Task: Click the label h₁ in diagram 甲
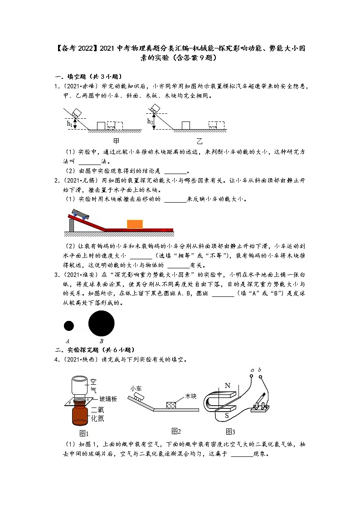click(x=69, y=123)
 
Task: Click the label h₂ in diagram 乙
click(x=150, y=121)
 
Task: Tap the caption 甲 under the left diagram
click(x=116, y=141)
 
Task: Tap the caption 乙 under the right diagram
click(x=199, y=141)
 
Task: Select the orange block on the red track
click(x=135, y=224)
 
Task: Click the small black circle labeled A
click(x=69, y=325)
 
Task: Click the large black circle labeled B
click(x=101, y=324)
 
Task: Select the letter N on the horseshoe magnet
click(x=228, y=386)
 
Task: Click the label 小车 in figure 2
click(x=136, y=388)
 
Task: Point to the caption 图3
click(x=230, y=431)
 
